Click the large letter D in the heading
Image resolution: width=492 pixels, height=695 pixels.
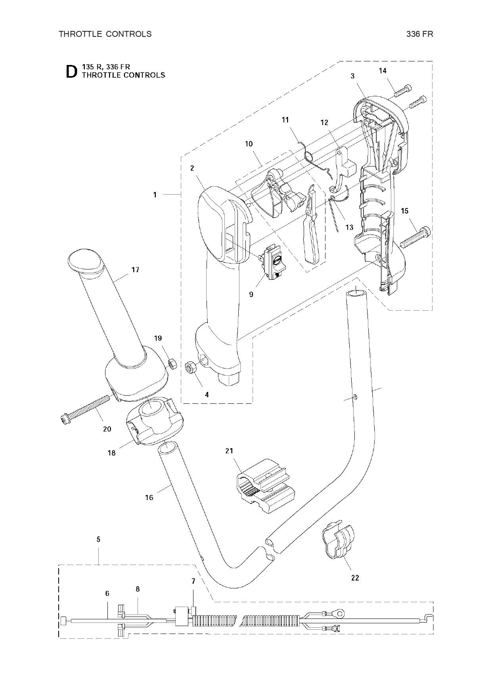click(x=71, y=71)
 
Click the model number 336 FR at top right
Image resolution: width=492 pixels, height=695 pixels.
click(x=419, y=34)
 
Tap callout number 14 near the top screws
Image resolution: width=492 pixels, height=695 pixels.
click(x=383, y=71)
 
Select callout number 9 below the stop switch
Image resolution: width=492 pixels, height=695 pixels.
click(x=251, y=294)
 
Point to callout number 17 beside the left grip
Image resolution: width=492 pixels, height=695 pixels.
click(x=135, y=270)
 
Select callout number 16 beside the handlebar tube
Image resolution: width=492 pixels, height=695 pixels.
click(x=149, y=497)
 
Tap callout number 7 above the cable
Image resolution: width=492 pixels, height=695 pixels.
click(x=193, y=581)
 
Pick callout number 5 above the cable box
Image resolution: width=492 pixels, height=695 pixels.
click(x=98, y=539)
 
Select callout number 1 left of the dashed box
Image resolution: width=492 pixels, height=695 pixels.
click(x=155, y=195)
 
